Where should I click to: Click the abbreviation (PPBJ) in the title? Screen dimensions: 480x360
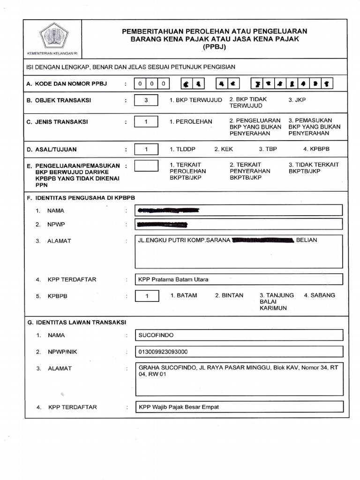[x=214, y=48]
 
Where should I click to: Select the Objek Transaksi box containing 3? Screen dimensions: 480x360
[x=146, y=100]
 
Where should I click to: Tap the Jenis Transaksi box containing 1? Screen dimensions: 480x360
[x=146, y=122]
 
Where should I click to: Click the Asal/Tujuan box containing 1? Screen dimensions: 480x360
[x=146, y=150]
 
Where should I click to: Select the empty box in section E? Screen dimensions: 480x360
[x=146, y=165]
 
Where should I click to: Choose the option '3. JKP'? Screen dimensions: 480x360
[x=297, y=100]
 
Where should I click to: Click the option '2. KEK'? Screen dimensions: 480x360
[x=224, y=150]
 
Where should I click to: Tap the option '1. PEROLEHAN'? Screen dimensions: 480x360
[x=191, y=122]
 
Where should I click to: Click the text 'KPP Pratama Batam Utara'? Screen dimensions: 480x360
[x=173, y=279]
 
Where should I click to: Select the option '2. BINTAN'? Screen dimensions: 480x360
[x=229, y=296]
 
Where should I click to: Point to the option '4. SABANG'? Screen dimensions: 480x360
[x=319, y=296]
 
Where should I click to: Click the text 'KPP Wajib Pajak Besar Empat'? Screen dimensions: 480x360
[x=178, y=407]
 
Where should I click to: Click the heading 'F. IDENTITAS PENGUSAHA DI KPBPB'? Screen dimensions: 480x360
[x=81, y=198]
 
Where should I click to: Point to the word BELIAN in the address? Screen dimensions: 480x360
[x=307, y=240]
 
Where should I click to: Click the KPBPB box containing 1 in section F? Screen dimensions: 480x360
[x=147, y=296]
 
